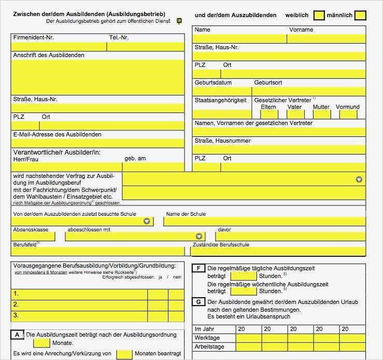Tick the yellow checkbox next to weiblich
(319, 16)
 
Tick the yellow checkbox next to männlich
(360, 16)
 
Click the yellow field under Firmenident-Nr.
(59, 46)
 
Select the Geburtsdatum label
(213, 82)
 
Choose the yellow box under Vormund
(348, 114)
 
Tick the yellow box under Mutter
(321, 114)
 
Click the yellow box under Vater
(294, 114)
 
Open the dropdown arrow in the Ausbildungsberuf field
(359, 179)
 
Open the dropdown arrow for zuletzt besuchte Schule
(147, 221)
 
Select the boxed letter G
(198, 301)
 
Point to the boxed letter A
(17, 335)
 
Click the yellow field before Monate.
(42, 343)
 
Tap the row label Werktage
(207, 338)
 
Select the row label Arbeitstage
(209, 347)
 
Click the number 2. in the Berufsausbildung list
(16, 304)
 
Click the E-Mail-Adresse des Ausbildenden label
(57, 134)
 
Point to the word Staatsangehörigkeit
(220, 100)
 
